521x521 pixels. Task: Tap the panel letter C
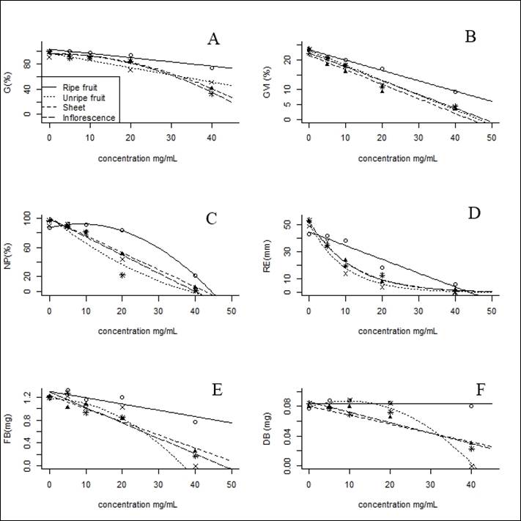click(211, 218)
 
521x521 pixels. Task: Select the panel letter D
click(472, 218)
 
